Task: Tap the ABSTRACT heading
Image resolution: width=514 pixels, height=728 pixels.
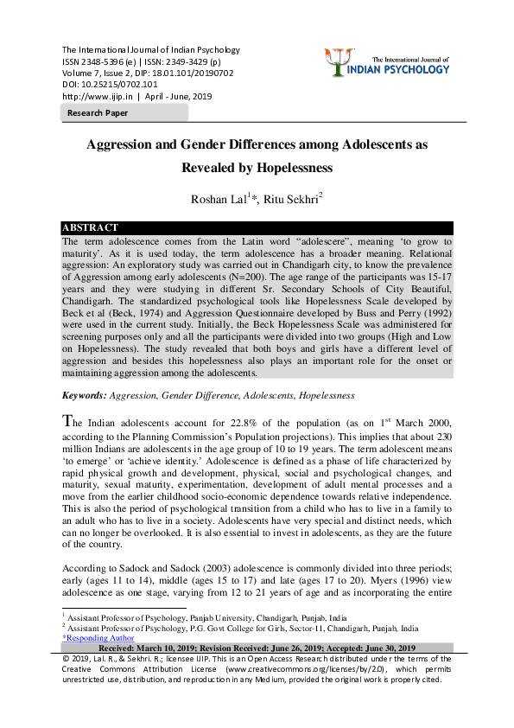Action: point(90,227)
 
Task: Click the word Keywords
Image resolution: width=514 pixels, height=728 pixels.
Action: point(83,395)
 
